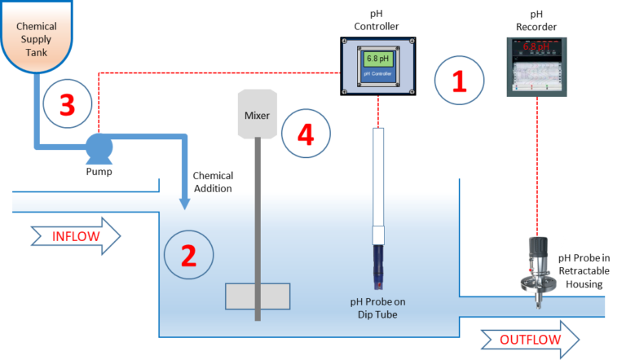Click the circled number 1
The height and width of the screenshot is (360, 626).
pyautogui.click(x=459, y=80)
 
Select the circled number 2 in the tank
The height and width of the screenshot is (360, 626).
pyautogui.click(x=188, y=255)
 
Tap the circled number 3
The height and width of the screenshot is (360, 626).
pyautogui.click(x=67, y=104)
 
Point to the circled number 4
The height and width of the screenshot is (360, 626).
pyautogui.click(x=306, y=134)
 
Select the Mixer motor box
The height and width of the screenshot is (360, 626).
pyautogui.click(x=257, y=113)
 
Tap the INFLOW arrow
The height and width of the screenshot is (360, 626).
pyautogui.click(x=76, y=236)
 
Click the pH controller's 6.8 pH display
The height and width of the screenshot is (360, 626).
pyautogui.click(x=377, y=59)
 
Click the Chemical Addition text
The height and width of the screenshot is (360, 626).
pyautogui.click(x=212, y=182)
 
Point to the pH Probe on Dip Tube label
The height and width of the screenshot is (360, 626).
pyautogui.click(x=377, y=308)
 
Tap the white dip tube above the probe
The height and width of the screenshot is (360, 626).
pyautogui.click(x=377, y=179)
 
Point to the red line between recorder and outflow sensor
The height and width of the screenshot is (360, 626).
pyautogui.click(x=538, y=163)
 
